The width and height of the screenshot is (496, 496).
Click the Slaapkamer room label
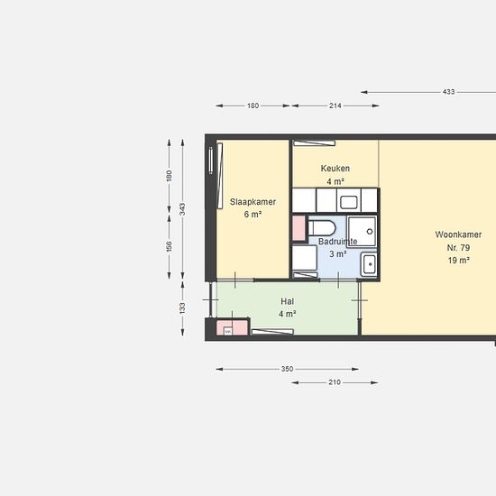tap(253, 202)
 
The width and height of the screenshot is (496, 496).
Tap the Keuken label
tap(335, 169)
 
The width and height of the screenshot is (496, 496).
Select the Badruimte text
tap(337, 242)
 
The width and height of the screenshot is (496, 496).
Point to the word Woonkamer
tap(458, 234)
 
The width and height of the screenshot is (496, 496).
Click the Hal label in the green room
tap(287, 301)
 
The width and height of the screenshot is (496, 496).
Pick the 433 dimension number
tap(448, 92)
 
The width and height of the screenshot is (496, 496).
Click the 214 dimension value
tap(335, 106)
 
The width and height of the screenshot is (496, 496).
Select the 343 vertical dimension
tap(182, 209)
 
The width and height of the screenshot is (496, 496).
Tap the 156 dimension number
tap(169, 247)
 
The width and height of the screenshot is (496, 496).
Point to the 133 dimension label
tap(182, 308)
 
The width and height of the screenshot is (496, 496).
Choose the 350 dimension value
tap(287, 369)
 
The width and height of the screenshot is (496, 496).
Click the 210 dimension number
tap(335, 382)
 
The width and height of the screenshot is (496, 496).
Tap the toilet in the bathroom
tap(322, 228)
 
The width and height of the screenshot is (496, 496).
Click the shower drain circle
tap(370, 232)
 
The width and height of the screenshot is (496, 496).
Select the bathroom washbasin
tap(369, 264)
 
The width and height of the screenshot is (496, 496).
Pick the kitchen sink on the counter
tap(349, 202)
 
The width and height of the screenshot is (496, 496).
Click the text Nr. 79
tap(458, 248)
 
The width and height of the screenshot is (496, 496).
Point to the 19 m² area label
tap(458, 261)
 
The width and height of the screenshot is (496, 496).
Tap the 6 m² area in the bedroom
tap(253, 215)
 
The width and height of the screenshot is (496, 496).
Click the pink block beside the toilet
tap(299, 228)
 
